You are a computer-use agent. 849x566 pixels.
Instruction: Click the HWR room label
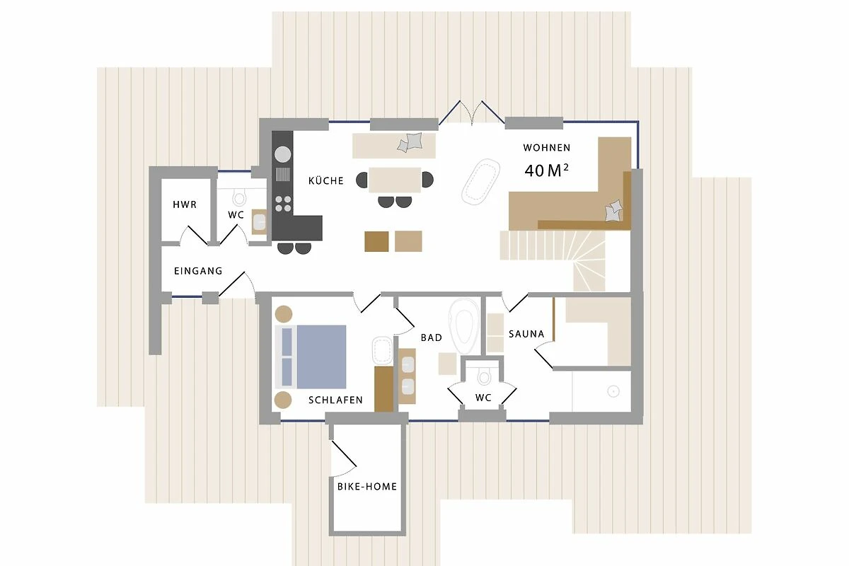point(185,204)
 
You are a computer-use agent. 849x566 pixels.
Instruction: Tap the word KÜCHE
point(326,180)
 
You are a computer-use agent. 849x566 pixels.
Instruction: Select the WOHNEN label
point(546,147)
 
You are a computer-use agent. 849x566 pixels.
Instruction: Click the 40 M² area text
point(546,171)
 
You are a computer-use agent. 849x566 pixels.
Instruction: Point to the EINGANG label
point(198,271)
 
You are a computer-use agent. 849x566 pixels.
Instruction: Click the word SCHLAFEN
point(335,400)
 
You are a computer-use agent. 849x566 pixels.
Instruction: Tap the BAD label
point(432,337)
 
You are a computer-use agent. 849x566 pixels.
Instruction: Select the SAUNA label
point(526,334)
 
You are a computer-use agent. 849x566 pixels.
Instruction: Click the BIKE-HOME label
point(367,486)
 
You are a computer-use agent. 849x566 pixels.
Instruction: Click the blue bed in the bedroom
point(311,357)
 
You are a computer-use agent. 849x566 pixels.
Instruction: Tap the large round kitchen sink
point(283,155)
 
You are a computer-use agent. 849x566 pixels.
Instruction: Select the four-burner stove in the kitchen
point(283,204)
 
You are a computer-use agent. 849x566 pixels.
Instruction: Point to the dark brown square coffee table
point(376,241)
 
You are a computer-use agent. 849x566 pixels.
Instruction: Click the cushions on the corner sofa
point(613,211)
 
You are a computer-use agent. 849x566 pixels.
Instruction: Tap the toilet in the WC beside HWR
point(239,198)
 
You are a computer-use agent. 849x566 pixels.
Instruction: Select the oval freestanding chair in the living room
point(480,183)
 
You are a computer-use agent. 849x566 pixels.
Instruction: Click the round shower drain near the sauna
point(613,391)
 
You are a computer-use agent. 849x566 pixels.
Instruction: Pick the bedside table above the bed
point(284,314)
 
